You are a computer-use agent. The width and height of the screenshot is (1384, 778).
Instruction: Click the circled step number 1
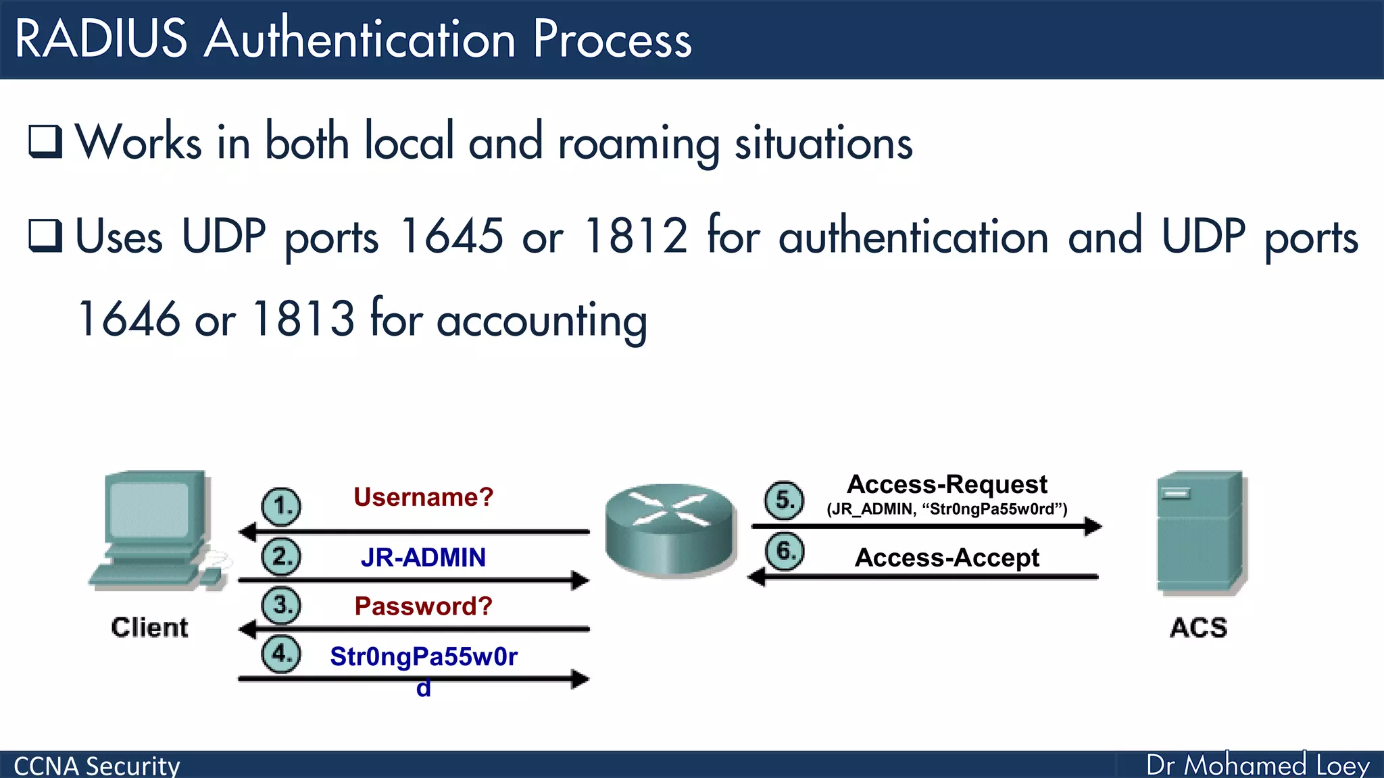(281, 507)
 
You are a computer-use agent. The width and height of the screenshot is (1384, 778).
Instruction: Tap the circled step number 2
(281, 557)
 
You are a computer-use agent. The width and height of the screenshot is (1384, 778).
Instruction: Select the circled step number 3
(281, 605)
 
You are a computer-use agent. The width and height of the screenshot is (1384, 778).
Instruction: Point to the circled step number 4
(281, 654)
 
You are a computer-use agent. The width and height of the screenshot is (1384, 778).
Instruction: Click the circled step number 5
(784, 500)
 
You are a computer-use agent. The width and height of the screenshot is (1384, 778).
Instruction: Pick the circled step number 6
(784, 552)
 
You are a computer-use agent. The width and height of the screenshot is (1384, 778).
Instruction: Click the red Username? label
(423, 497)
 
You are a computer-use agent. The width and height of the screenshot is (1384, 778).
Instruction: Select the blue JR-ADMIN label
(423, 557)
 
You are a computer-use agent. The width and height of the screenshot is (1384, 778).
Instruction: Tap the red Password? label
(423, 606)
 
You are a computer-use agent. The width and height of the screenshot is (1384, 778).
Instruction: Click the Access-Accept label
(947, 558)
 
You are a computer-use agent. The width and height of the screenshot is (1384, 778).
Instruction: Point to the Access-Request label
(947, 484)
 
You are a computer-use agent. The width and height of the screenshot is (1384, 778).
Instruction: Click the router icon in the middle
(670, 529)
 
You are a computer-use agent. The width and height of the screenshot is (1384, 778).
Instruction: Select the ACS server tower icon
(1201, 534)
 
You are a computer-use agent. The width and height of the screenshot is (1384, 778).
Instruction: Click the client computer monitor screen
(149, 510)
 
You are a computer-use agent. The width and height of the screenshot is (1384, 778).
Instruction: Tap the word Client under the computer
(149, 627)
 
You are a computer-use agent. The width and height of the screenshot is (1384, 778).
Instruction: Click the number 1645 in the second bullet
(451, 236)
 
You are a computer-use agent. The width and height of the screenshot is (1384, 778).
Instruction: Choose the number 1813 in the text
(303, 318)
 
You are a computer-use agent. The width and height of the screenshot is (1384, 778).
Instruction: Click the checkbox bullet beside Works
(45, 141)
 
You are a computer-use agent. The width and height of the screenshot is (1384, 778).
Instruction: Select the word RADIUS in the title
(101, 38)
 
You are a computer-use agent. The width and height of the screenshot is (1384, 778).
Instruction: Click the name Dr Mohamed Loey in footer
(1258, 764)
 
